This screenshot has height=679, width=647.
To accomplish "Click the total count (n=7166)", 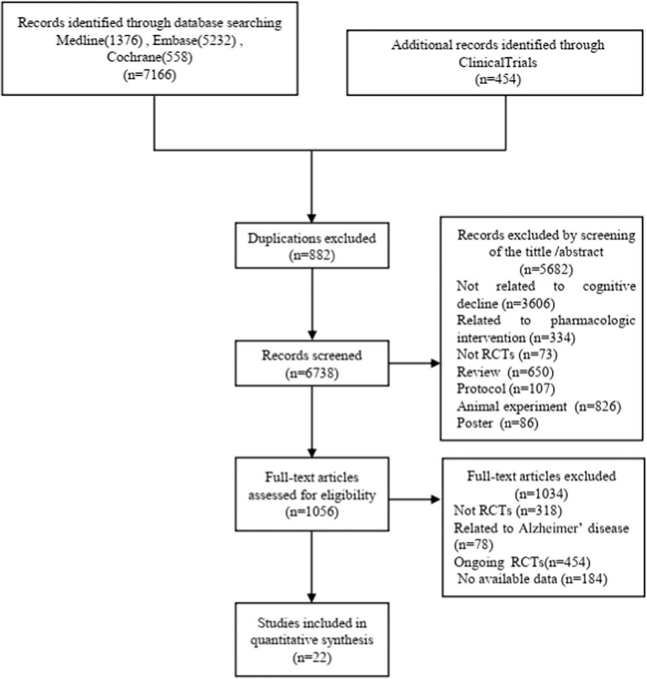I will pyautogui.click(x=149, y=75).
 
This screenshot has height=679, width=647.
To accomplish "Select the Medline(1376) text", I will pyautogui.click(x=99, y=40).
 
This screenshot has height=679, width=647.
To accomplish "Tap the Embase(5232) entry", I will pyautogui.click(x=194, y=40).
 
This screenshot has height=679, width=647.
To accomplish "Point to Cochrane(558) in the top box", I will pyautogui.click(x=149, y=57).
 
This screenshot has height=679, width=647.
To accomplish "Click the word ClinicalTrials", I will pyautogui.click(x=498, y=62).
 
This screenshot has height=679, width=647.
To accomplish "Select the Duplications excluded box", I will pyautogui.click(x=311, y=246).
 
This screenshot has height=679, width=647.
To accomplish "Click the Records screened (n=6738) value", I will pyautogui.click(x=311, y=373).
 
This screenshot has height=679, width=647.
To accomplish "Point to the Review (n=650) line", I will pyautogui.click(x=505, y=372).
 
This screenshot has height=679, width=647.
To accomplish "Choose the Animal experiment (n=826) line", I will pyautogui.click(x=538, y=407).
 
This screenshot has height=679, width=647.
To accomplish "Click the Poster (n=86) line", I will pyautogui.click(x=497, y=423).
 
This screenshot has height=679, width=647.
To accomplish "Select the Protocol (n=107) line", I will pyautogui.click(x=505, y=389).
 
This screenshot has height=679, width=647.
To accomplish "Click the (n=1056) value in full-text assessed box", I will pyautogui.click(x=311, y=512).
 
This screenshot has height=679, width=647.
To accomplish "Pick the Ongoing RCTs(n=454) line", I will pyautogui.click(x=522, y=562).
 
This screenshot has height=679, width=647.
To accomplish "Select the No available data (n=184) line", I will pyautogui.click(x=532, y=579).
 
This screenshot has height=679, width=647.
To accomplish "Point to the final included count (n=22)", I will pyautogui.click(x=311, y=657).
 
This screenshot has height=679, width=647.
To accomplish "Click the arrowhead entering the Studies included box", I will pyautogui.click(x=311, y=598).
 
